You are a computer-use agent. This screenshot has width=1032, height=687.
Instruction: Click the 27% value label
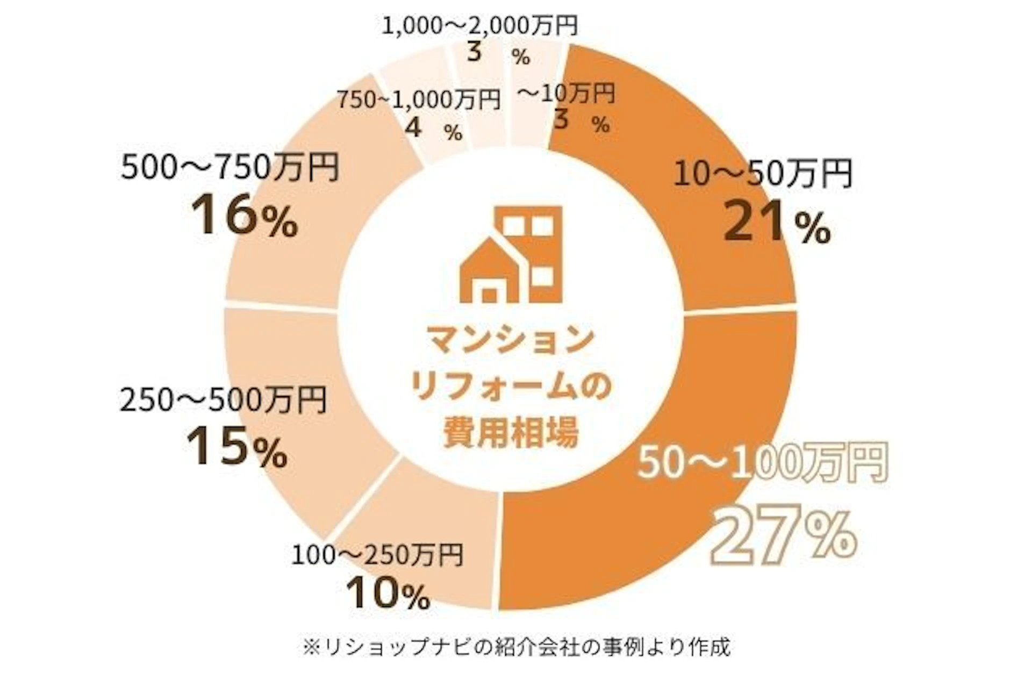784,535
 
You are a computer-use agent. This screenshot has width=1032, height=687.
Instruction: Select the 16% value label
245,217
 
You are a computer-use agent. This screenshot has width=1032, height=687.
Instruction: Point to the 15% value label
236,446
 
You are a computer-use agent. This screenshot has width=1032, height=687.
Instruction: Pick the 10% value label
388,593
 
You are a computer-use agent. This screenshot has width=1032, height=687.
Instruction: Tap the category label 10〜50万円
763,174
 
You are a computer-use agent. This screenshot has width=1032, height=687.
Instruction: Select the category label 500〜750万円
230,168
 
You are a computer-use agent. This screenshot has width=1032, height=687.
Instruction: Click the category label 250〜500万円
223,400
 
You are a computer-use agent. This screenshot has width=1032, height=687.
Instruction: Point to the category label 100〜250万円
377,555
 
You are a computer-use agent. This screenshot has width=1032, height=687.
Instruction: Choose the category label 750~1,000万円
419,99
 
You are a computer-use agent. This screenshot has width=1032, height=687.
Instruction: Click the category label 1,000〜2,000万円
479,25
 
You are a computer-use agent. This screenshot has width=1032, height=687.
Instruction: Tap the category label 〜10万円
565,95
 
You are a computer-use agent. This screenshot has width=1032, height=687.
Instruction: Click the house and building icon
511,255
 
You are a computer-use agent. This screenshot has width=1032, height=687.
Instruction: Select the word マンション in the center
511,340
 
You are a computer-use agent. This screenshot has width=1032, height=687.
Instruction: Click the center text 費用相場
511,432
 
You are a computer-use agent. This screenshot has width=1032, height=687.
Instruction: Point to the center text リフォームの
511,386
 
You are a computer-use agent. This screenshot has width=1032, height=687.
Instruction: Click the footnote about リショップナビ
516,647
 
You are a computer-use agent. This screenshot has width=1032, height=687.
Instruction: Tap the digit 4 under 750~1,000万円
413,128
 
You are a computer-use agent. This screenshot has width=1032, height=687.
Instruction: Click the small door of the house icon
489,295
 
